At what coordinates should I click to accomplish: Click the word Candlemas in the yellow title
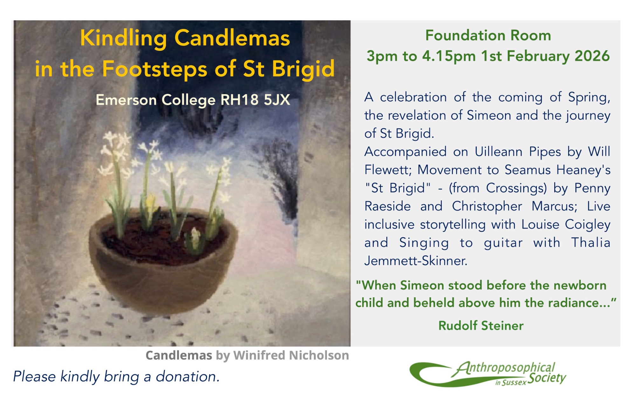(x=232, y=38)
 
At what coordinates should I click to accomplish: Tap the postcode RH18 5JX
(x=255, y=100)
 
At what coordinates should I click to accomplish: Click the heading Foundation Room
(x=488, y=35)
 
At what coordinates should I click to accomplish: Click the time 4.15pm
(x=449, y=57)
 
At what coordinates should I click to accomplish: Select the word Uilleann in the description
(x=498, y=152)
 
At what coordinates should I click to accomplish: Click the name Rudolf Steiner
(x=481, y=326)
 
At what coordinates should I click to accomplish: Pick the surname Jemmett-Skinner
(x=416, y=261)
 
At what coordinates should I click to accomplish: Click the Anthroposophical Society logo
(x=488, y=374)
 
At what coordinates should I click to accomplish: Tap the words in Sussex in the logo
(x=511, y=382)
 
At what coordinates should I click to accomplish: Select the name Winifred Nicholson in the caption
(x=291, y=355)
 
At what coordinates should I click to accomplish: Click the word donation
(x=188, y=377)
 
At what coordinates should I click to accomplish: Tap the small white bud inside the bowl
(x=195, y=237)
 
